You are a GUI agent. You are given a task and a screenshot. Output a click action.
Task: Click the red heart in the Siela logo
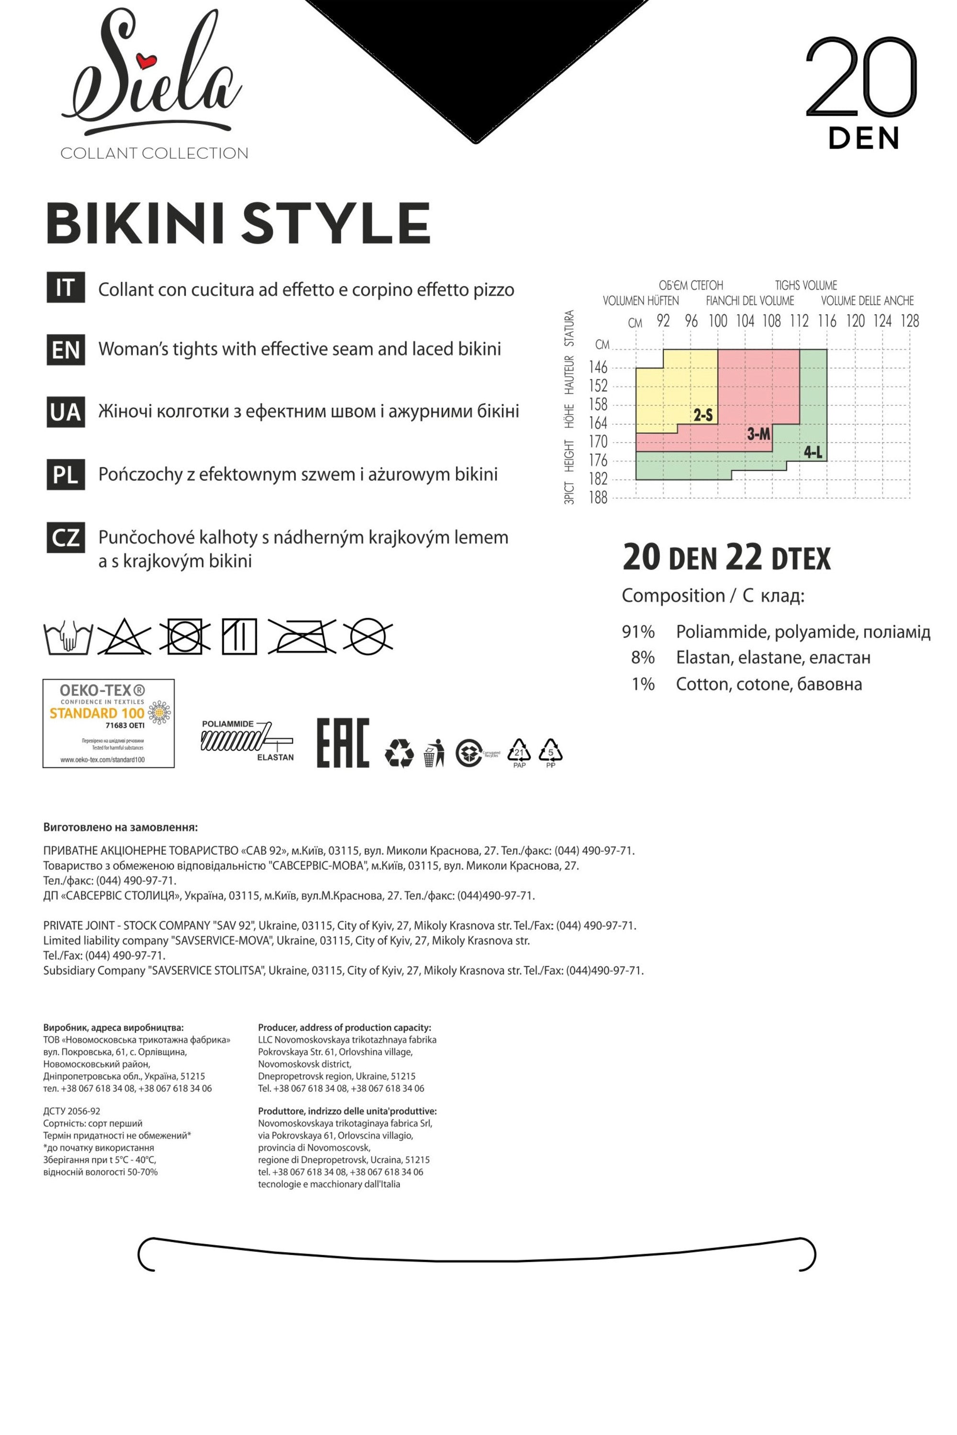coord(146,60)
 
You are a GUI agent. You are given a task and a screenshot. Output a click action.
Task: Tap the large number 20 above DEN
coord(861,78)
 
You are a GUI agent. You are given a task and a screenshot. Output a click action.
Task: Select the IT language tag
coord(65,288)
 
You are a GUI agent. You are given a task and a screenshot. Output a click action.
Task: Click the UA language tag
coord(65,412)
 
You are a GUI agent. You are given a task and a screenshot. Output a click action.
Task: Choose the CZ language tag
coord(65,537)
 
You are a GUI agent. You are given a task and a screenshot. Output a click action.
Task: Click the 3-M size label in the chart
coord(758,434)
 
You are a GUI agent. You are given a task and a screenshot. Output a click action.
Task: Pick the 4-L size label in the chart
coord(813,453)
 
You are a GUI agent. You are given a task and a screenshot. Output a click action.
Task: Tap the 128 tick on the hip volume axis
coord(910,321)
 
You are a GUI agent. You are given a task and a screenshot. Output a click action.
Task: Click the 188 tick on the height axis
coord(599,498)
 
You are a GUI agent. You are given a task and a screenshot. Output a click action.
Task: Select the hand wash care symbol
coord(68,638)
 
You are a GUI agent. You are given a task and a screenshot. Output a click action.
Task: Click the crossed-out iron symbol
coord(301,637)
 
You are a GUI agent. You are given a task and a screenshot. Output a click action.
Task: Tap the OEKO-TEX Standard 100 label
coord(109,723)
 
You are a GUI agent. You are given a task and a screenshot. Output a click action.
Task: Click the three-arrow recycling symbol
coord(399,753)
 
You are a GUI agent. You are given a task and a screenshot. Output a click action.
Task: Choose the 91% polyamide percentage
coord(638,631)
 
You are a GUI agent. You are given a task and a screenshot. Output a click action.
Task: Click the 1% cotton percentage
coord(643,684)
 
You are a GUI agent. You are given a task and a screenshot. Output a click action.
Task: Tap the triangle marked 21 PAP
coord(519,753)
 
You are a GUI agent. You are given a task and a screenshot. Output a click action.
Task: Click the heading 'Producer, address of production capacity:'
coord(344,1028)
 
